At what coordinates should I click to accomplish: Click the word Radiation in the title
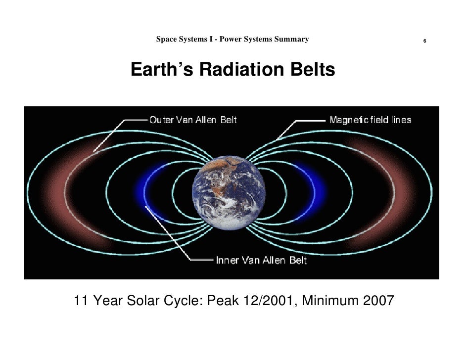pyautogui.click(x=241, y=70)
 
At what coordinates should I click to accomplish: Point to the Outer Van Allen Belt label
pyautogui.click(x=193, y=120)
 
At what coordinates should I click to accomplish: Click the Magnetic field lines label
pyautogui.click(x=371, y=120)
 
